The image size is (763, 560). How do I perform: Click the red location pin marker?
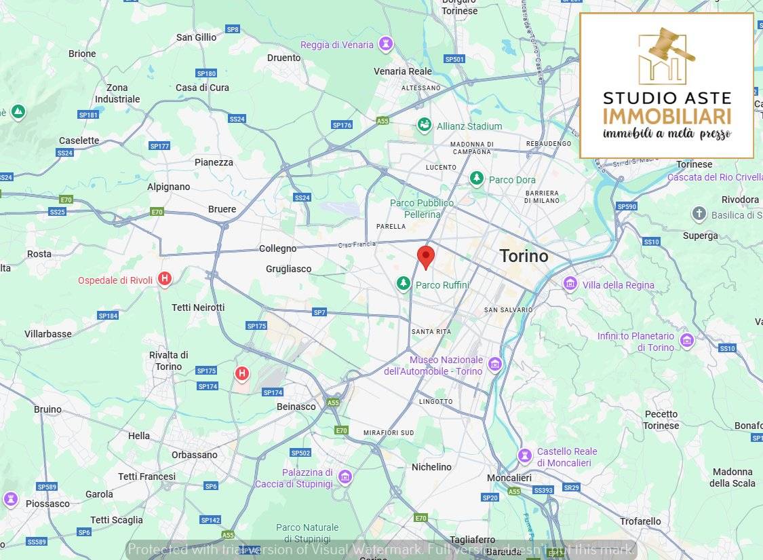pyautogui.click(x=425, y=257)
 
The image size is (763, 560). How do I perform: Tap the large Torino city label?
pyautogui.click(x=524, y=257)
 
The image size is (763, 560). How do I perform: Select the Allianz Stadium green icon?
pyautogui.click(x=424, y=126)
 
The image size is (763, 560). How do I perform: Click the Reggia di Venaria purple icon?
pyautogui.click(x=386, y=44)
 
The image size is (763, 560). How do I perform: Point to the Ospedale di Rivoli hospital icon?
pyautogui.click(x=164, y=279)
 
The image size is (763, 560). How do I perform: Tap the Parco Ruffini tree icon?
pyautogui.click(x=404, y=283)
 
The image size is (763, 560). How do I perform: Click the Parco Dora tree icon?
pyautogui.click(x=477, y=179)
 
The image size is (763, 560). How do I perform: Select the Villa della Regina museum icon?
pyautogui.click(x=570, y=283)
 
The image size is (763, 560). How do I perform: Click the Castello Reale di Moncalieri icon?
pyautogui.click(x=524, y=455)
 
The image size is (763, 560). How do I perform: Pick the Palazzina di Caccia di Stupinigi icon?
pyautogui.click(x=345, y=477)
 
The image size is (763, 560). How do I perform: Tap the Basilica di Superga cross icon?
pyautogui.click(x=699, y=214)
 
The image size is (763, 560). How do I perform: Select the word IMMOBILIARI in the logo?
pyautogui.click(x=667, y=115)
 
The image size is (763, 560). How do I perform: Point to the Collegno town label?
pyautogui.click(x=277, y=249)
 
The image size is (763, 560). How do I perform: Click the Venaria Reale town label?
pyautogui.click(x=402, y=71)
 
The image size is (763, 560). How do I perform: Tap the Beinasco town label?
pyautogui.click(x=296, y=407)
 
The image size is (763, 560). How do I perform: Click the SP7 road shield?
pyautogui.click(x=319, y=312)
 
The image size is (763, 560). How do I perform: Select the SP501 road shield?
pyautogui.click(x=454, y=59)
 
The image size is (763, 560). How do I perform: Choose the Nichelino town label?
pyautogui.click(x=431, y=467)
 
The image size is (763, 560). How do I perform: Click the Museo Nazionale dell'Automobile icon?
pyautogui.click(x=495, y=365)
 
